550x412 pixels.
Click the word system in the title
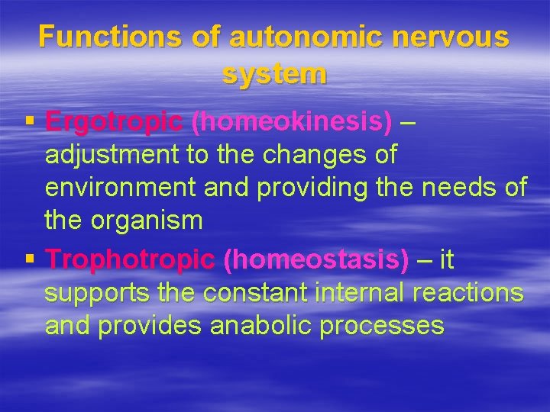(274, 73)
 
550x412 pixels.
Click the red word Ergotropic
(114, 121)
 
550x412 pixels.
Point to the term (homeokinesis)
(291, 121)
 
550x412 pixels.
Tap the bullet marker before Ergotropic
(30, 121)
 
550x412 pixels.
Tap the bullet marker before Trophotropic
(30, 259)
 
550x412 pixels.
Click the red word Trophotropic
(130, 259)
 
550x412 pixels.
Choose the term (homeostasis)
(315, 259)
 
